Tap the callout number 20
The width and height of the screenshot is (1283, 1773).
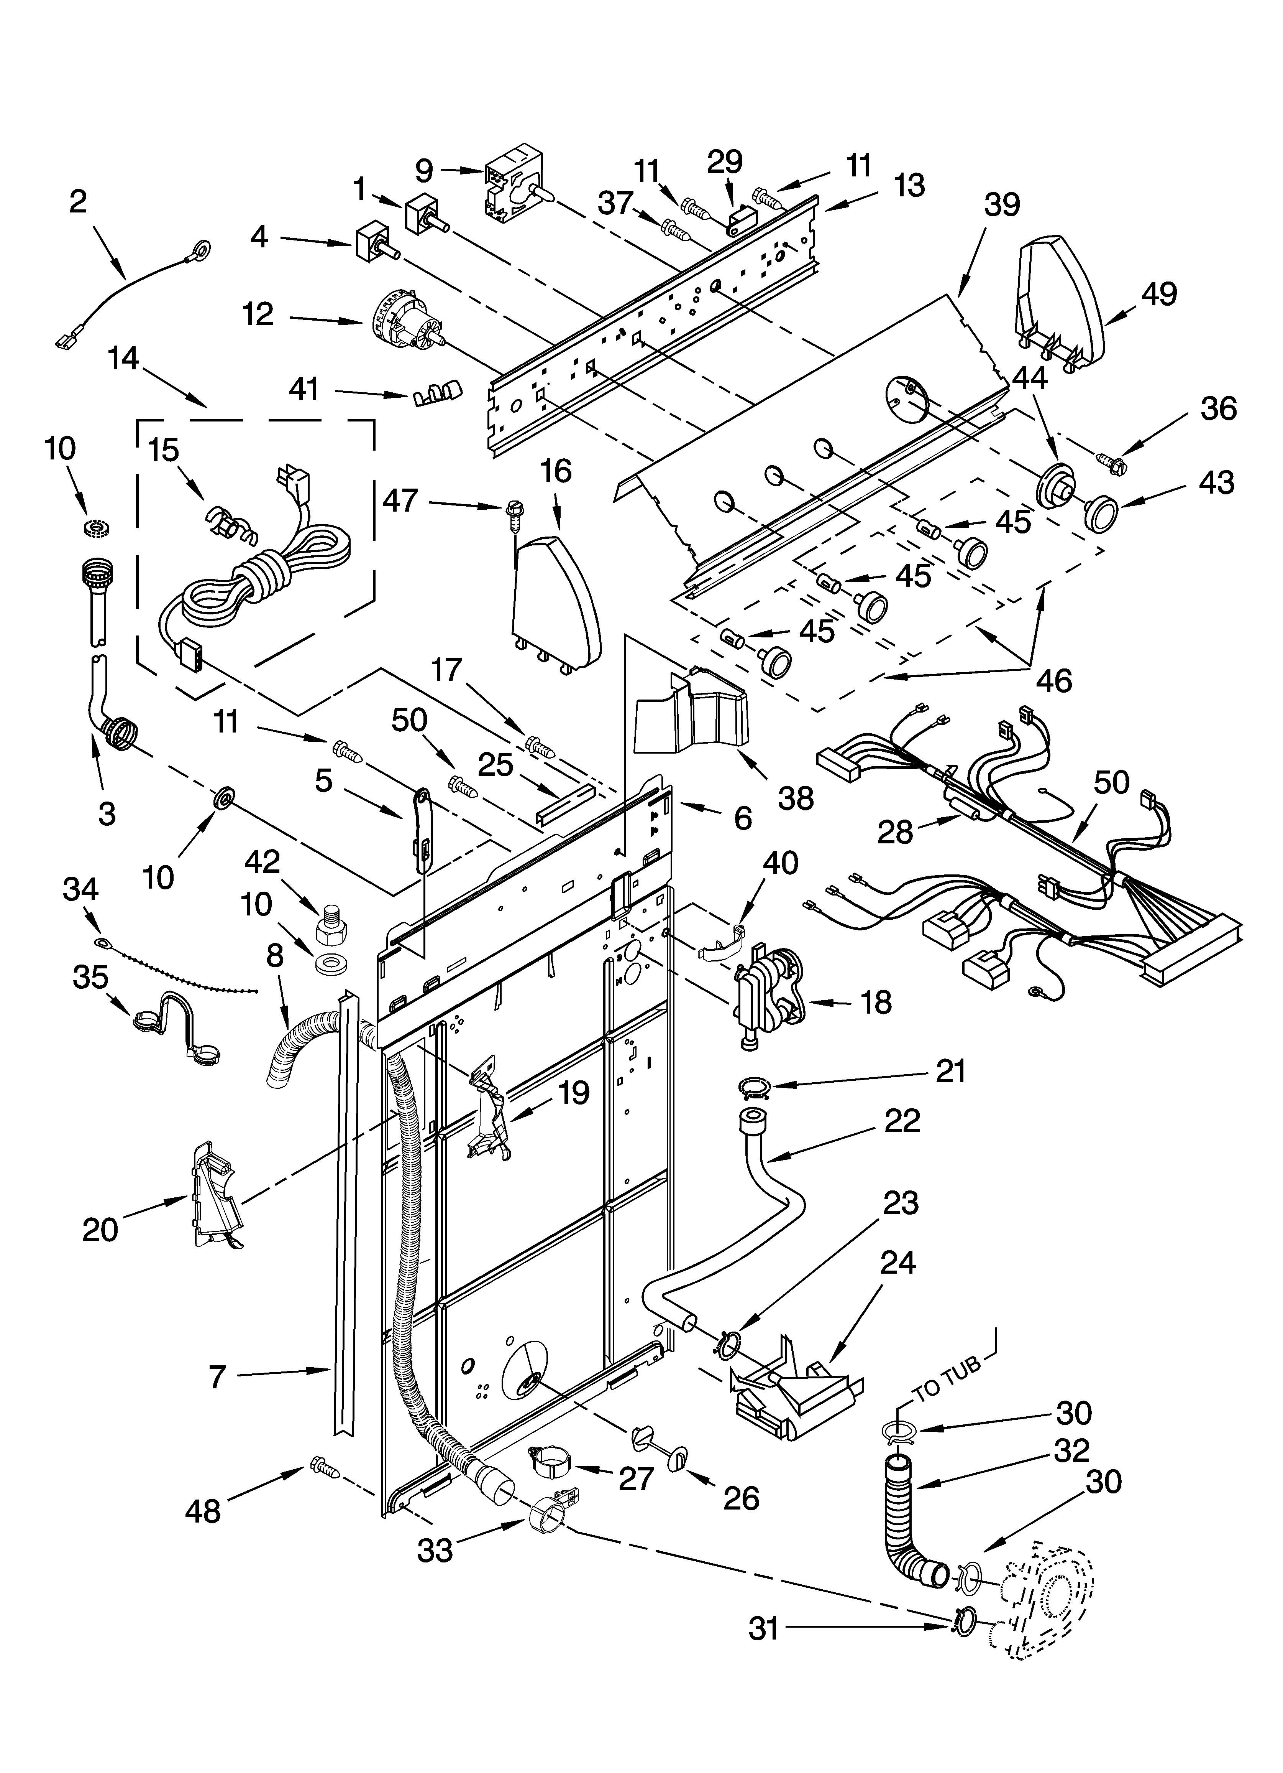click(x=100, y=1230)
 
